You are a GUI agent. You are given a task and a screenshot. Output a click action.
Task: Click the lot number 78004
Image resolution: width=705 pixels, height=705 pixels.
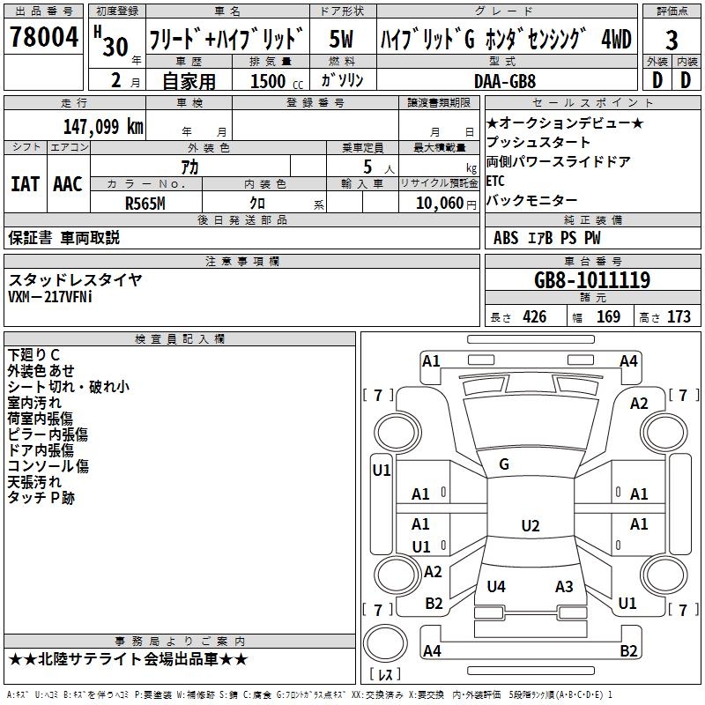[44, 37]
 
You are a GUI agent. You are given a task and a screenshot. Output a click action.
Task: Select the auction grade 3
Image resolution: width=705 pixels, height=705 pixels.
[672, 40]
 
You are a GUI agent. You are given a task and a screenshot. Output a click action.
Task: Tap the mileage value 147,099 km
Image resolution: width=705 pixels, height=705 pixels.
[103, 127]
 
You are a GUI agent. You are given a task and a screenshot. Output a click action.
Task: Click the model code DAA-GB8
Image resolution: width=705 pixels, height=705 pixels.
[505, 81]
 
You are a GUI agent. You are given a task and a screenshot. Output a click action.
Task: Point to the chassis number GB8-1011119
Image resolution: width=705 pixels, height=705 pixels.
[592, 280]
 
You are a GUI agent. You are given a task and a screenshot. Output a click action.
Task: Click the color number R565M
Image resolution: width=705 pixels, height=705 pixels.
[145, 204]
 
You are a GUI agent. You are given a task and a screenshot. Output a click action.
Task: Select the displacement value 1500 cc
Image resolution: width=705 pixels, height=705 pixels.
[277, 81]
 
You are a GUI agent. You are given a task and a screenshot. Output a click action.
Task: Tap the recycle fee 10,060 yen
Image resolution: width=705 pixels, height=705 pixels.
[446, 204]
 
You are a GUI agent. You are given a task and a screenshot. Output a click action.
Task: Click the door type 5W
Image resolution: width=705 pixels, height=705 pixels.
[342, 39]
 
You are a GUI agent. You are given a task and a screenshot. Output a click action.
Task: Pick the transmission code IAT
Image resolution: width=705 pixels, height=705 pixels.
[26, 184]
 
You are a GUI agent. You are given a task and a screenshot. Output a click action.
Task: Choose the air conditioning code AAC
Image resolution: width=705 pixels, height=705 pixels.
[68, 184]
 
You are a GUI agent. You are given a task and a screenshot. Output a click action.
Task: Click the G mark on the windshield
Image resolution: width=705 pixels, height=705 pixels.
[504, 464]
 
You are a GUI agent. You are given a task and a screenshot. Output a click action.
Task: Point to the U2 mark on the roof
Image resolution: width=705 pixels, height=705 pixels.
[531, 525]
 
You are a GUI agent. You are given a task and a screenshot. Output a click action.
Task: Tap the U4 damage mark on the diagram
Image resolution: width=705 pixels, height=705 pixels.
[496, 586]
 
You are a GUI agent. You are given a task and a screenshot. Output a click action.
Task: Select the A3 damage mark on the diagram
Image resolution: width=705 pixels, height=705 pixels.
[564, 586]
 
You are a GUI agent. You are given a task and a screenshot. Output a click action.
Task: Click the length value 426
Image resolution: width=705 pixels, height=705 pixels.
[535, 317]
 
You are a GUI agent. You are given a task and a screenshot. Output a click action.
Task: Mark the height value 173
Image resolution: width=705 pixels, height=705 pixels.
[679, 317]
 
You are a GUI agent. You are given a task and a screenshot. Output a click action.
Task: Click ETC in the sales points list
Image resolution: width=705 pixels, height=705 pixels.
[495, 181]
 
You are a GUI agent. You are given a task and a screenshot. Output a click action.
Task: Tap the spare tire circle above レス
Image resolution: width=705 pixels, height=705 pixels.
[385, 643]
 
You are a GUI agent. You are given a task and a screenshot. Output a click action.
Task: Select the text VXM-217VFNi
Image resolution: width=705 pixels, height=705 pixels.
[50, 297]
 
